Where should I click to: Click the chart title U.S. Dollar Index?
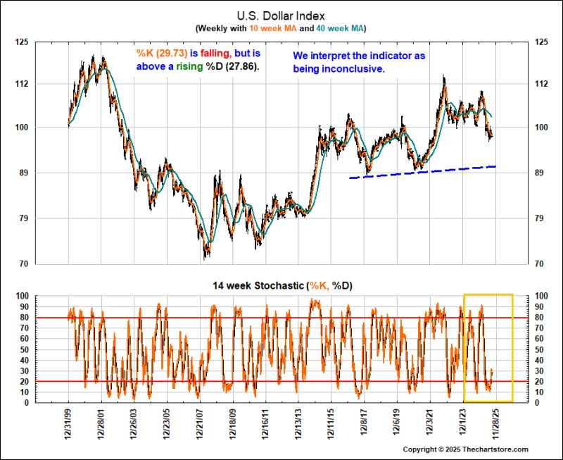281,14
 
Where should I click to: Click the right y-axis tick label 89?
540,173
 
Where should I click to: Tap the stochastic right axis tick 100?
542,296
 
